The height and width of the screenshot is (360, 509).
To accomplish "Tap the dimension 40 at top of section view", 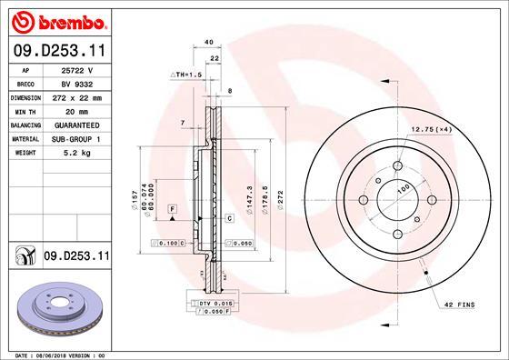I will pos(209,42).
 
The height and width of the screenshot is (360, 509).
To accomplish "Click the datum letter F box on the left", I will pos(170,209).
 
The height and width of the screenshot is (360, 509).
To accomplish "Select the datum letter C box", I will pos(230,219).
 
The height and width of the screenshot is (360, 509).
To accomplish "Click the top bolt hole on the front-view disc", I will pos(398,166).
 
